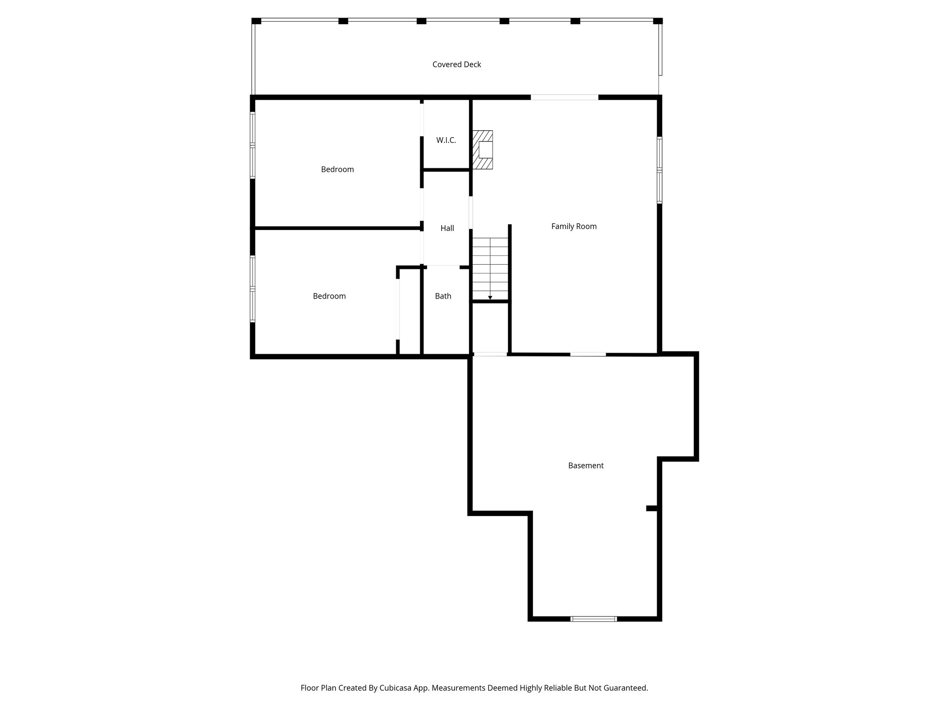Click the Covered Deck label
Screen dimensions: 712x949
point(456,64)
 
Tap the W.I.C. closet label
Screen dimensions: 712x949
point(446,140)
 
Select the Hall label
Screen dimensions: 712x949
point(447,228)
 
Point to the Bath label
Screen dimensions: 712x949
point(443,296)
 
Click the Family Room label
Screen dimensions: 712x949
point(574,226)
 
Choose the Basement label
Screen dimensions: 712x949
point(586,465)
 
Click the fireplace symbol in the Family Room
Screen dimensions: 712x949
point(483,150)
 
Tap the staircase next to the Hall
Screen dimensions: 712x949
point(490,269)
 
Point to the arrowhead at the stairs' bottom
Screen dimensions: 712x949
point(490,298)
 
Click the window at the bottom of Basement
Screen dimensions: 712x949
point(594,619)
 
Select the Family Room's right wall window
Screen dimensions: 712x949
point(659,170)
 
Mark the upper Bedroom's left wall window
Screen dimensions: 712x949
point(253,146)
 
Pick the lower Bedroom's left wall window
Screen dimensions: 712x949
point(253,289)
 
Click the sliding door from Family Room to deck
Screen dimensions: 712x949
point(564,97)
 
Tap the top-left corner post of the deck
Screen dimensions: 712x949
point(256,21)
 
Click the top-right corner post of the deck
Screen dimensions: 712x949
point(658,21)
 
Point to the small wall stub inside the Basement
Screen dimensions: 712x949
point(652,509)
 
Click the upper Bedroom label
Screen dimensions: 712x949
point(337,169)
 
